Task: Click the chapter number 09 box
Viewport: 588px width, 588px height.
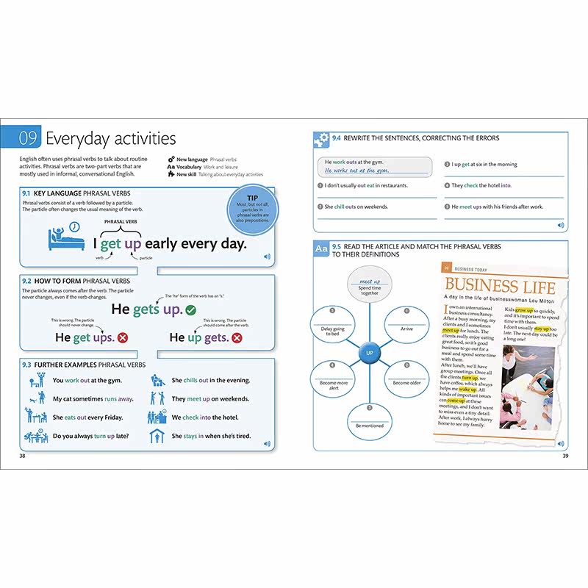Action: (x=28, y=137)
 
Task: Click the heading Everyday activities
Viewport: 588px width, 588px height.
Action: (x=111, y=138)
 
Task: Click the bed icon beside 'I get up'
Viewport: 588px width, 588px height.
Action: (x=62, y=237)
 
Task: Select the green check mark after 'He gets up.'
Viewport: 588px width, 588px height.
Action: (x=190, y=309)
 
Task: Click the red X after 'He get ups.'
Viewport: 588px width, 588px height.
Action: (x=123, y=337)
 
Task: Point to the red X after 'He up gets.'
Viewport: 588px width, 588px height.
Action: (x=237, y=337)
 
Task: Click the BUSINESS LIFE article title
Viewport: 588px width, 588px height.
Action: (x=505, y=286)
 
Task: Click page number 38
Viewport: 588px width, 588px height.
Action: (x=23, y=456)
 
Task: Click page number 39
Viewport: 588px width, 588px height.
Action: (x=565, y=456)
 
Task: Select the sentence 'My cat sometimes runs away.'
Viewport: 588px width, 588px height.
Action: (x=93, y=399)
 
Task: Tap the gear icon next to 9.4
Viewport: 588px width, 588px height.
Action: (x=321, y=138)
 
